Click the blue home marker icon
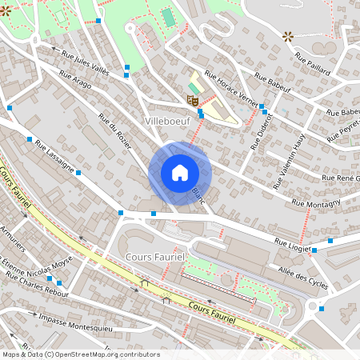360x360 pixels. pos(180,173)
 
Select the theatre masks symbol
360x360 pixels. pos(192,99)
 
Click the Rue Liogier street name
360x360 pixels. pos(292,242)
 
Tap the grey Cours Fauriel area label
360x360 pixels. pos(155,256)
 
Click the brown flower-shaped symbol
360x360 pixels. pos(288,36)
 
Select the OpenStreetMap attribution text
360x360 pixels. pos(80,354)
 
